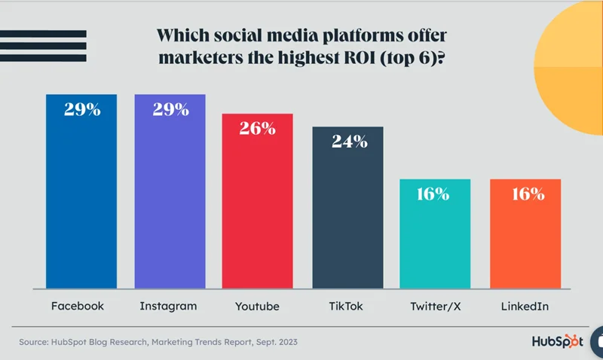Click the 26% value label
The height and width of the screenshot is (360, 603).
click(x=257, y=128)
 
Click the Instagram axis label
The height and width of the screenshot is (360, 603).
click(x=168, y=307)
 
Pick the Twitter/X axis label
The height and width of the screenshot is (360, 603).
click(x=436, y=307)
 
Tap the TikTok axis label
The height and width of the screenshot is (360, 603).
click(x=346, y=307)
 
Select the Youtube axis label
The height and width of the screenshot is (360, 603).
click(x=257, y=307)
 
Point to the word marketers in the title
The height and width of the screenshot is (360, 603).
click(x=207, y=60)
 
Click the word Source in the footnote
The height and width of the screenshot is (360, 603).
click(x=37, y=343)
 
